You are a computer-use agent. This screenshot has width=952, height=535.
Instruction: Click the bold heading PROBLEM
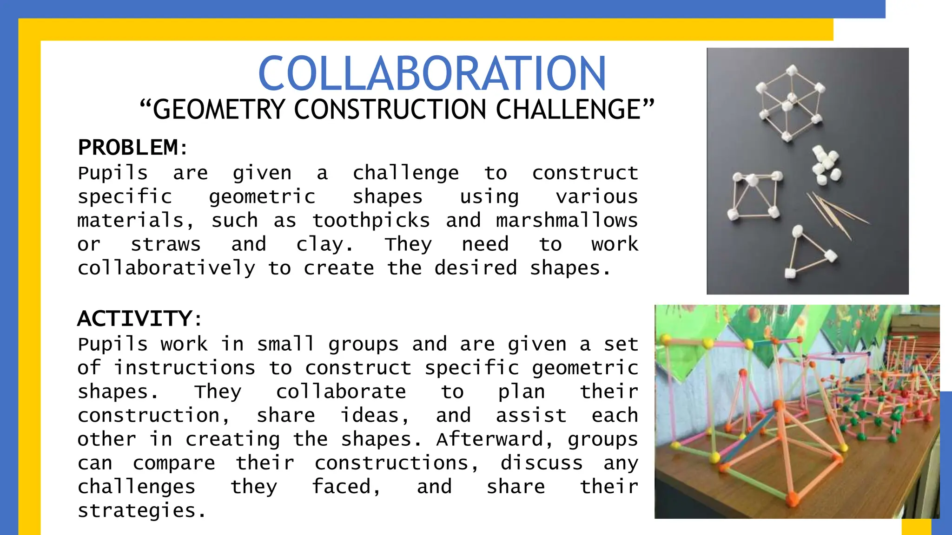coord(128,148)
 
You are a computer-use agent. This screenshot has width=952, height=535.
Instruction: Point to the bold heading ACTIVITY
coord(135,319)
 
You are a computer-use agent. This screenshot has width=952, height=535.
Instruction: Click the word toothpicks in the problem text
coord(371,220)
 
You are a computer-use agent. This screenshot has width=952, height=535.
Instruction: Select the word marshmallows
coord(567,220)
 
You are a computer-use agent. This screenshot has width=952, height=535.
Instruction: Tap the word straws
coord(165,244)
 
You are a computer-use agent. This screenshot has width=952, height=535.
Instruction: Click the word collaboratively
coord(166,268)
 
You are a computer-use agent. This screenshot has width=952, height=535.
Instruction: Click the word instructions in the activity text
coord(185,368)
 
